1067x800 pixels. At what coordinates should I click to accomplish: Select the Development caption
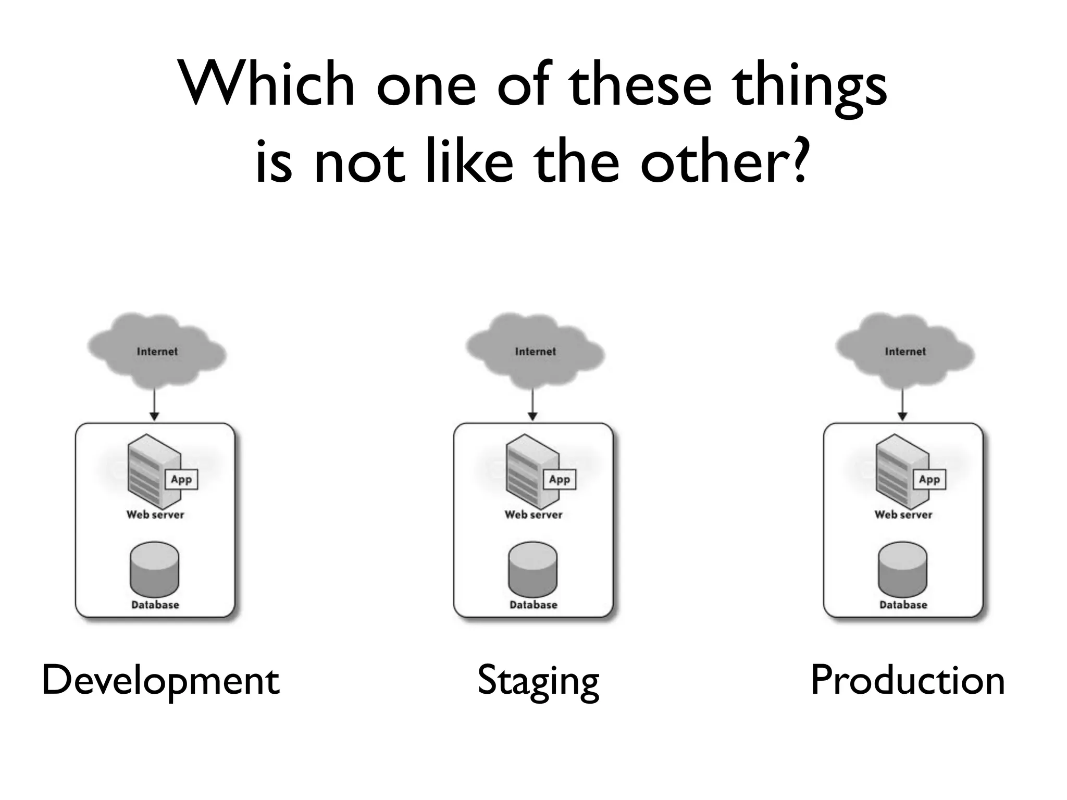click(x=160, y=680)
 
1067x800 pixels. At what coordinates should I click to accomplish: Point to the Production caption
click(x=908, y=680)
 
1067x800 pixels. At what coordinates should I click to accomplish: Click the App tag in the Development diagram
click(x=181, y=479)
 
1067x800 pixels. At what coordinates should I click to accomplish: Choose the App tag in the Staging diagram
click(x=560, y=479)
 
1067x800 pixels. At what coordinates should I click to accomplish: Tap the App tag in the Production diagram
click(x=929, y=479)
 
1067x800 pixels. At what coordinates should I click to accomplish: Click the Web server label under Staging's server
click(x=533, y=515)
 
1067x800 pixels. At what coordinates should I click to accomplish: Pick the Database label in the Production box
click(x=903, y=605)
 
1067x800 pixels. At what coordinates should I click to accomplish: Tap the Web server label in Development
click(x=155, y=515)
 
